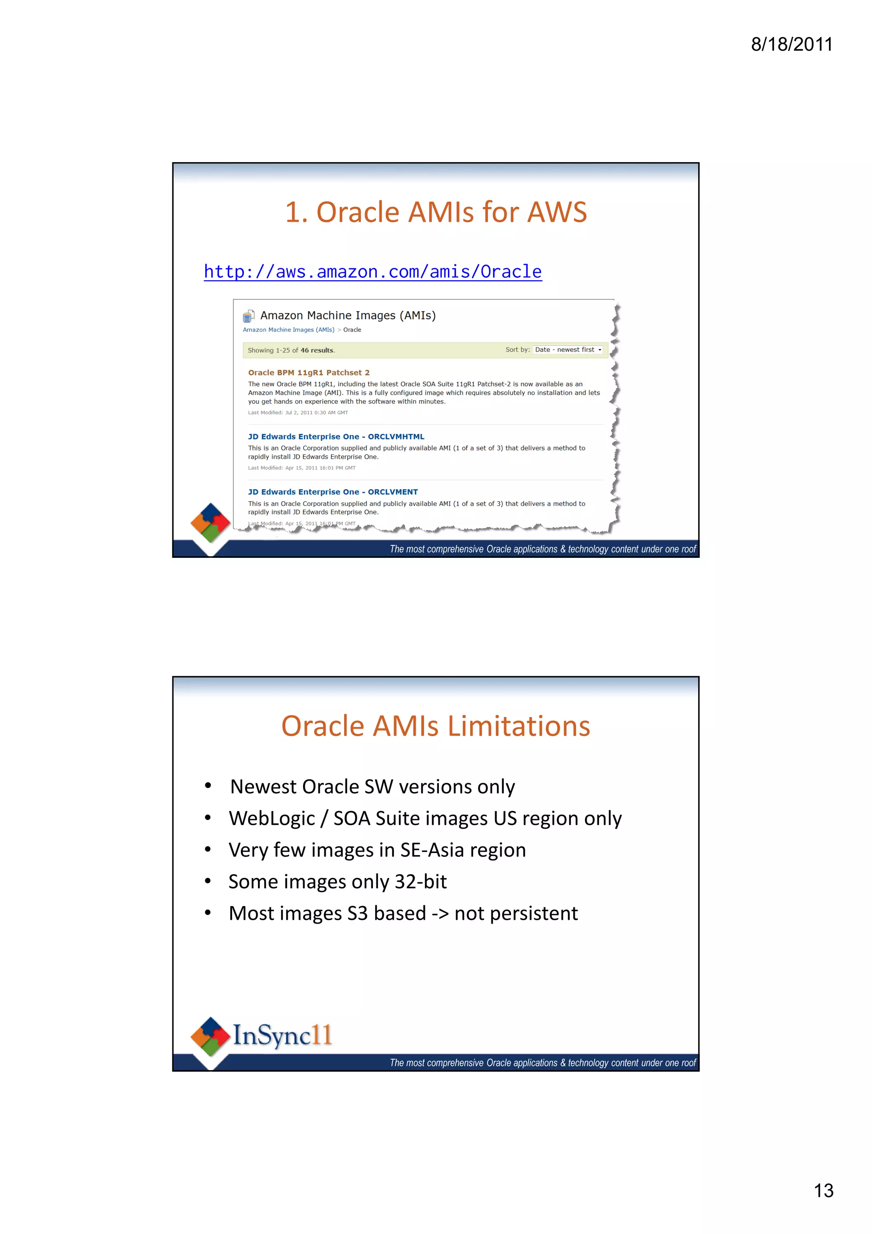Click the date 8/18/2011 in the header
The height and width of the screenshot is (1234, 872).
(792, 44)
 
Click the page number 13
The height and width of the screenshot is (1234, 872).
(823, 1191)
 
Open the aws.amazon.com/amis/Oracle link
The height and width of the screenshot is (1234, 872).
(373, 272)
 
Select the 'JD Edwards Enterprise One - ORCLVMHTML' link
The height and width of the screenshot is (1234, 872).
(336, 436)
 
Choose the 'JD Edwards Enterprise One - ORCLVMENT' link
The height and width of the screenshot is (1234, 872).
(333, 492)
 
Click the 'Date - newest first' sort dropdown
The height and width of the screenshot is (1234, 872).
(568, 350)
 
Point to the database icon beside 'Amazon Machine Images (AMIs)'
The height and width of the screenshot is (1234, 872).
(248, 316)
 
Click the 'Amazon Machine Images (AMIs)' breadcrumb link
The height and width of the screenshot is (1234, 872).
(289, 330)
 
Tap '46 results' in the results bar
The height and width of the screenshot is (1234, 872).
(317, 350)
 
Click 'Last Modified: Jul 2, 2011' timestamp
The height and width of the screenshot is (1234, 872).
(298, 413)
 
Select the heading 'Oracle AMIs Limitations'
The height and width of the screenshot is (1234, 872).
(436, 726)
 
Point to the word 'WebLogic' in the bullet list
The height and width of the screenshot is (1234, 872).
(272, 818)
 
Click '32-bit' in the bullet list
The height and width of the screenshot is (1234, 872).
(420, 882)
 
